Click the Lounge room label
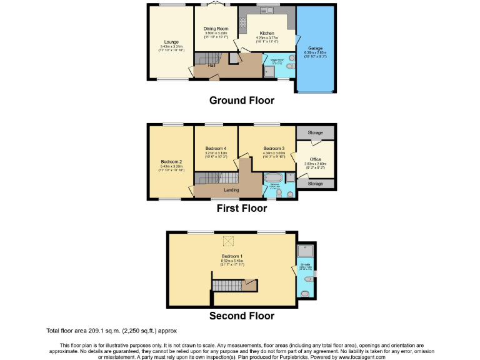click(162, 42)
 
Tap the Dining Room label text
click(216, 29)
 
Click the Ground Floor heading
click(241, 100)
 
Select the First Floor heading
click(241, 208)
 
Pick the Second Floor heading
click(241, 316)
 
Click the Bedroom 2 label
click(171, 162)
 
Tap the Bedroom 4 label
click(216, 148)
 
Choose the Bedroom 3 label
click(274, 148)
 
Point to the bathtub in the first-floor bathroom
click(274, 178)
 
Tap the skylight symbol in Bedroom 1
click(230, 241)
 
